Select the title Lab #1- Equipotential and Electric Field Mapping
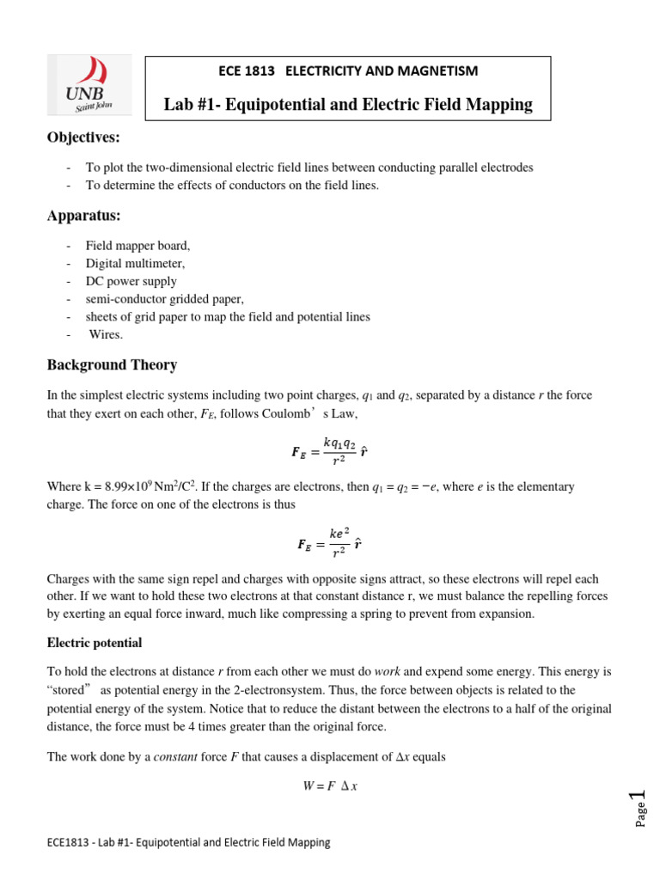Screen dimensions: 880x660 click(x=348, y=105)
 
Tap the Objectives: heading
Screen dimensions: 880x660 click(x=83, y=138)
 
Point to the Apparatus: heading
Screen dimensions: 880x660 click(x=82, y=215)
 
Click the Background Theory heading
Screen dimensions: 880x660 click(x=112, y=364)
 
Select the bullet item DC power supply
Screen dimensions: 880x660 click(x=131, y=281)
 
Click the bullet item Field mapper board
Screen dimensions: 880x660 click(x=137, y=245)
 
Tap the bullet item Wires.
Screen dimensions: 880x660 click(x=106, y=334)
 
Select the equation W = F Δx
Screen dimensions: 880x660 click(x=330, y=785)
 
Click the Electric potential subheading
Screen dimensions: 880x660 click(x=94, y=643)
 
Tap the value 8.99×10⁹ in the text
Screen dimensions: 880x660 click(x=123, y=487)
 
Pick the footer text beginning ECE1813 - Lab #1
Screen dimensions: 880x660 click(x=188, y=843)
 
